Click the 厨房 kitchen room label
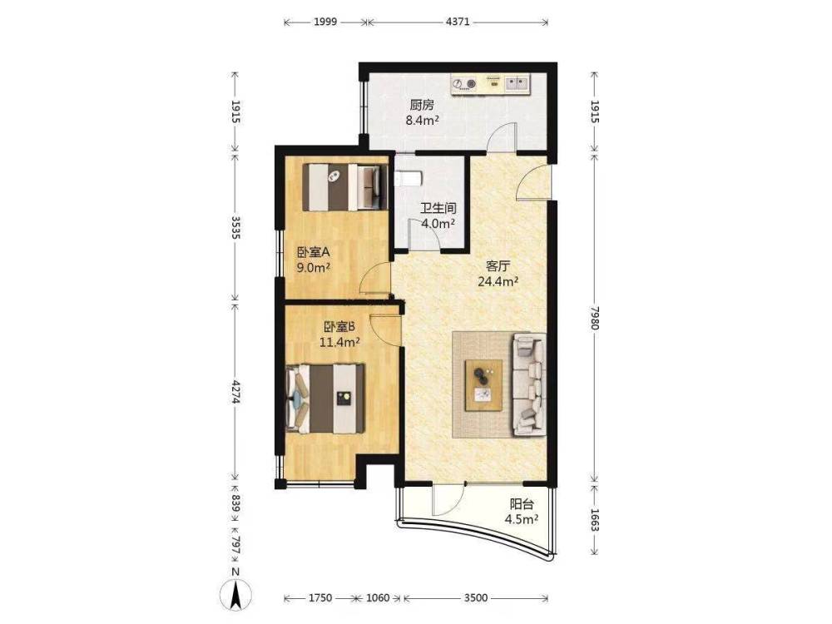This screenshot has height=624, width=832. coord(422,105)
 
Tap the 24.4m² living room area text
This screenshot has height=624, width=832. coord(498,281)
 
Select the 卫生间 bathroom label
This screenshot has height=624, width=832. coord(438,208)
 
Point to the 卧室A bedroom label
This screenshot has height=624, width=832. coord(314,253)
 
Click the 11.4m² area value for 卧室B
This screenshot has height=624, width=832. coord(339,342)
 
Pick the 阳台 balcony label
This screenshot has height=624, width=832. coord(522,504)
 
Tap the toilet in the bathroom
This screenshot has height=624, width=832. coord(409,179)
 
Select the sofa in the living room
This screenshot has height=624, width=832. coord(529,384)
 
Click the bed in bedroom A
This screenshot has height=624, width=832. coord(342,186)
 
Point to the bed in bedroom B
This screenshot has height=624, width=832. coord(325,399)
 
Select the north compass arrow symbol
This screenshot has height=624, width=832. coord(235,593)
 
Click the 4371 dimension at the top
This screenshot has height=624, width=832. coord(458,22)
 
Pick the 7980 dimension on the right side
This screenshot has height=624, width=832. coord(595,319)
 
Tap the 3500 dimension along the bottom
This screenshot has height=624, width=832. coord(476,598)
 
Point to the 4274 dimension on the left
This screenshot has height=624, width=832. coord(236,391)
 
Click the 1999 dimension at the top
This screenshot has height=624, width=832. coord(325,22)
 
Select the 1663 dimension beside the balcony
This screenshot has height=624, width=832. coord(595,520)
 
